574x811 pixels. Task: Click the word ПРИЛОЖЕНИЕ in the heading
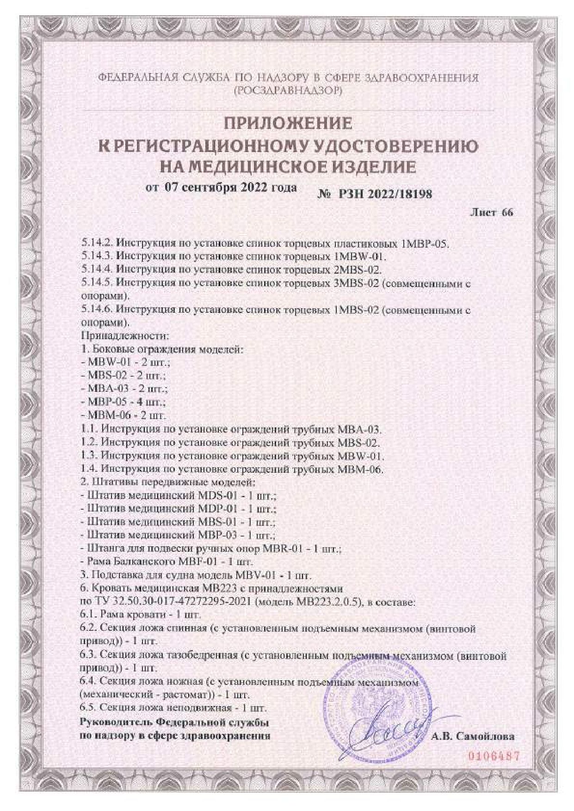coord(288,123)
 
